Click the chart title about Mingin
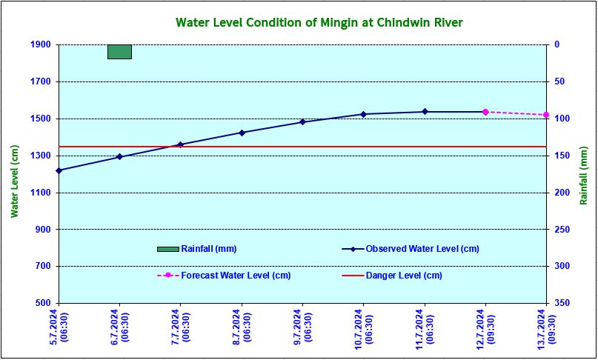pyautogui.click(x=319, y=22)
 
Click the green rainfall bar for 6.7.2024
pyautogui.click(x=119, y=51)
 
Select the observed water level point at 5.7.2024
pyautogui.click(x=59, y=170)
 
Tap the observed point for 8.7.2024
pyautogui.click(x=242, y=133)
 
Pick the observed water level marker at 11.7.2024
pyautogui.click(x=425, y=112)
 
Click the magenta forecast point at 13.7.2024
pyautogui.click(x=546, y=115)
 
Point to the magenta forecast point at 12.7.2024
pyautogui.click(x=485, y=112)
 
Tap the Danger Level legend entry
pyautogui.click(x=404, y=276)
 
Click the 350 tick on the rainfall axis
pyautogui.click(x=562, y=304)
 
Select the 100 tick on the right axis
pyautogui.click(x=562, y=119)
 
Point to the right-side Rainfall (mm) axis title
pyautogui.click(x=585, y=175)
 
